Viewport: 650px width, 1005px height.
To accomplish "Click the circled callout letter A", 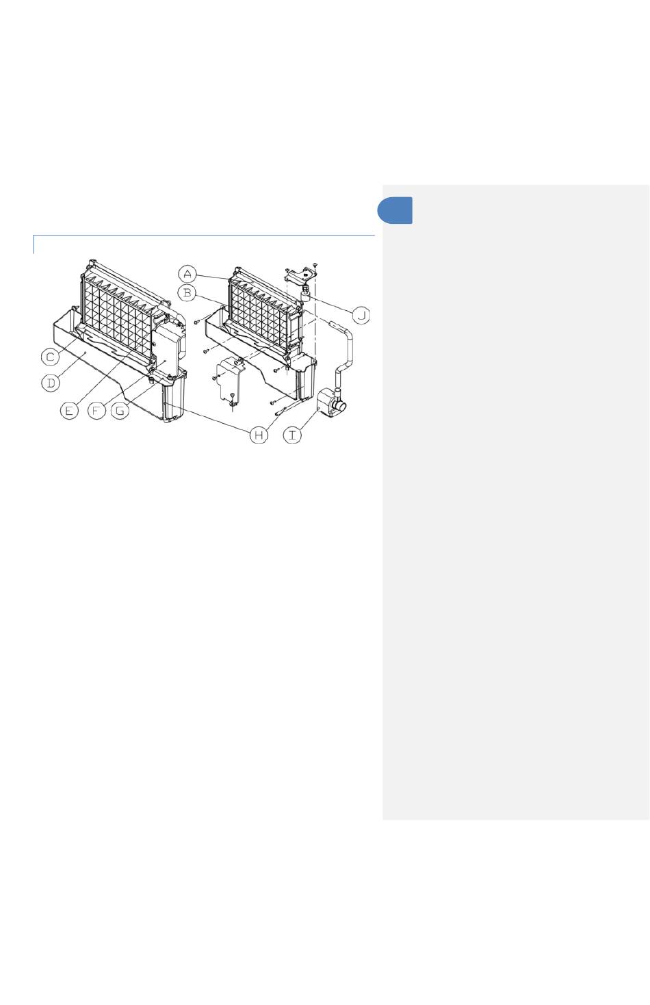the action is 187,274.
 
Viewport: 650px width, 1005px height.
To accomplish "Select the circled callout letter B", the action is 187,294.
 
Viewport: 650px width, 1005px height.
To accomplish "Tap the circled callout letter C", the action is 50,357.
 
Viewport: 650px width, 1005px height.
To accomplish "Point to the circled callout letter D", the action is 51,383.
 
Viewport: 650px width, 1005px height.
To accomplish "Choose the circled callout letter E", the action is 69,410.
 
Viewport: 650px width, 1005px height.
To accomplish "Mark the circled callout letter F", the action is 96,410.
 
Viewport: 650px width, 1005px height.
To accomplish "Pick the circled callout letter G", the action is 120,410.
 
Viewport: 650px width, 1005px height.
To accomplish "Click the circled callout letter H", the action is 259,435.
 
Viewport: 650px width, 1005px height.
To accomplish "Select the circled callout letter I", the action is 292,435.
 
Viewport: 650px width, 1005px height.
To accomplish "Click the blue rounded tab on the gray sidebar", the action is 395,210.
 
